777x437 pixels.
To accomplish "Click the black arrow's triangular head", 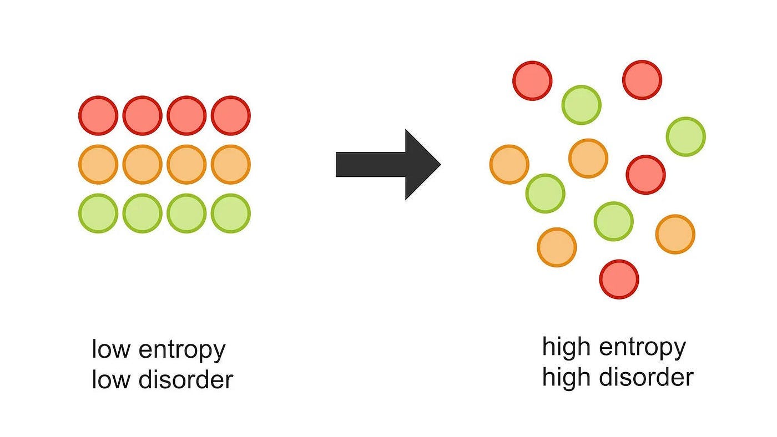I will tap(421, 165).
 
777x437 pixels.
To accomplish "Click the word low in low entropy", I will tap(111, 349).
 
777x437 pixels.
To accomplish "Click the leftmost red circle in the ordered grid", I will tap(98, 115).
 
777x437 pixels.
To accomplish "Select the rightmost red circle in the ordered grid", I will tap(231, 115).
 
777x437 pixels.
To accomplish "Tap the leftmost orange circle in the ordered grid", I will tap(98, 164).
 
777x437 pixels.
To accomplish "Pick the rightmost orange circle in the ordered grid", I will tap(231, 164).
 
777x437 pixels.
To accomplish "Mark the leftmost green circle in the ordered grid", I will tap(98, 213).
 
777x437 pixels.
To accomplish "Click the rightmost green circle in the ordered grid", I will tap(231, 213).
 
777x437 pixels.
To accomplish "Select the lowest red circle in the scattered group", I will tap(619, 279).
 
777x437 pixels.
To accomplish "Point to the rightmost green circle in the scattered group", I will tap(685, 136).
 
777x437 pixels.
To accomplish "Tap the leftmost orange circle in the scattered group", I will tap(509, 164).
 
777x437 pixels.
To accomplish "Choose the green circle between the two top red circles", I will tap(581, 105).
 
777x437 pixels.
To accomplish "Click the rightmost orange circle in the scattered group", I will tap(675, 234).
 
